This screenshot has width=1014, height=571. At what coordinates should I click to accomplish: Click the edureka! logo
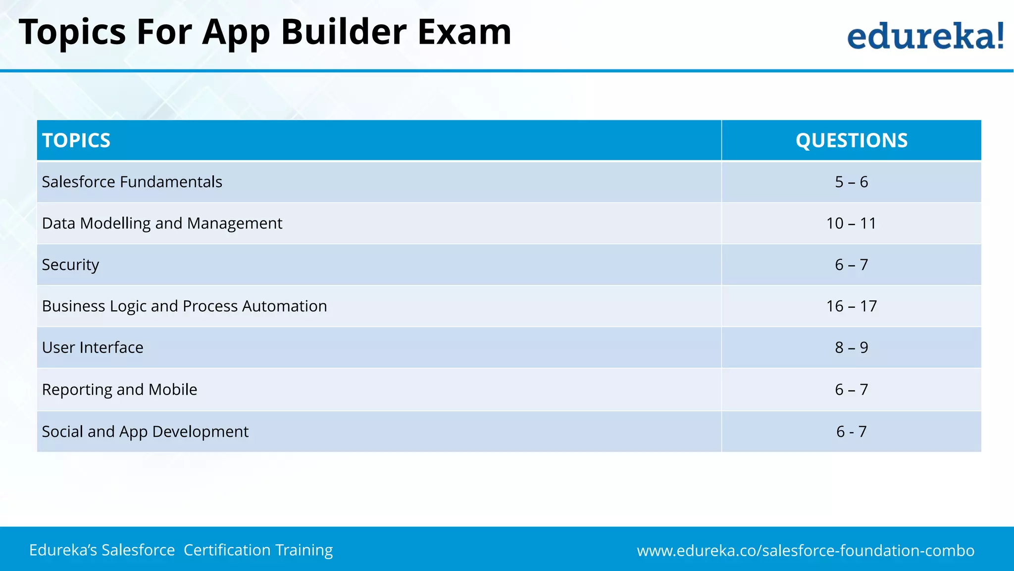tap(925, 36)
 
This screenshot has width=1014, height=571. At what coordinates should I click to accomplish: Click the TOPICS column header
tap(76, 140)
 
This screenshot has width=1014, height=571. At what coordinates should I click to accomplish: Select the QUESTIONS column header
tap(851, 140)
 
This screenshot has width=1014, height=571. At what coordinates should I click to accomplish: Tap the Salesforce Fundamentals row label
tap(132, 182)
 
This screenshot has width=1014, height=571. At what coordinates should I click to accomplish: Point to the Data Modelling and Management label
tap(162, 224)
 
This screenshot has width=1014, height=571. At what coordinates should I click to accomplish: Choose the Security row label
tap(70, 265)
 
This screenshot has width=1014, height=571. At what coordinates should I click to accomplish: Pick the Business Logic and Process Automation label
tap(184, 306)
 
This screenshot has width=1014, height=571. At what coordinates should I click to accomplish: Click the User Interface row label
tap(93, 347)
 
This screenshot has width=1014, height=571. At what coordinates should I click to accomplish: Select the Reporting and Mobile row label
tap(119, 390)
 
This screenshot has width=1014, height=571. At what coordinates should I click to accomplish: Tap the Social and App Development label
tap(145, 432)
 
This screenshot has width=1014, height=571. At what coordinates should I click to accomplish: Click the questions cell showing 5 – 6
tap(851, 182)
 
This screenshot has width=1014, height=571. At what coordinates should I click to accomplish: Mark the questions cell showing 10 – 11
tap(851, 224)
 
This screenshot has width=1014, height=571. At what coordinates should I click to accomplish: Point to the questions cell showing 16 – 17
tap(851, 306)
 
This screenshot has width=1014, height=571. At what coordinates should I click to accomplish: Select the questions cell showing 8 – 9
tap(851, 347)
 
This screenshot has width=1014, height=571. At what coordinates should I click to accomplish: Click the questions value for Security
tap(851, 265)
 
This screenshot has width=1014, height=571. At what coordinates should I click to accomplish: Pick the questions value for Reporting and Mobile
tap(851, 390)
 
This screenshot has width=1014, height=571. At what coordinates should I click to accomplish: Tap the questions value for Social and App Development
tap(851, 432)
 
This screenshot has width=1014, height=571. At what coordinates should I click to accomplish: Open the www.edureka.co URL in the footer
tap(806, 551)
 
